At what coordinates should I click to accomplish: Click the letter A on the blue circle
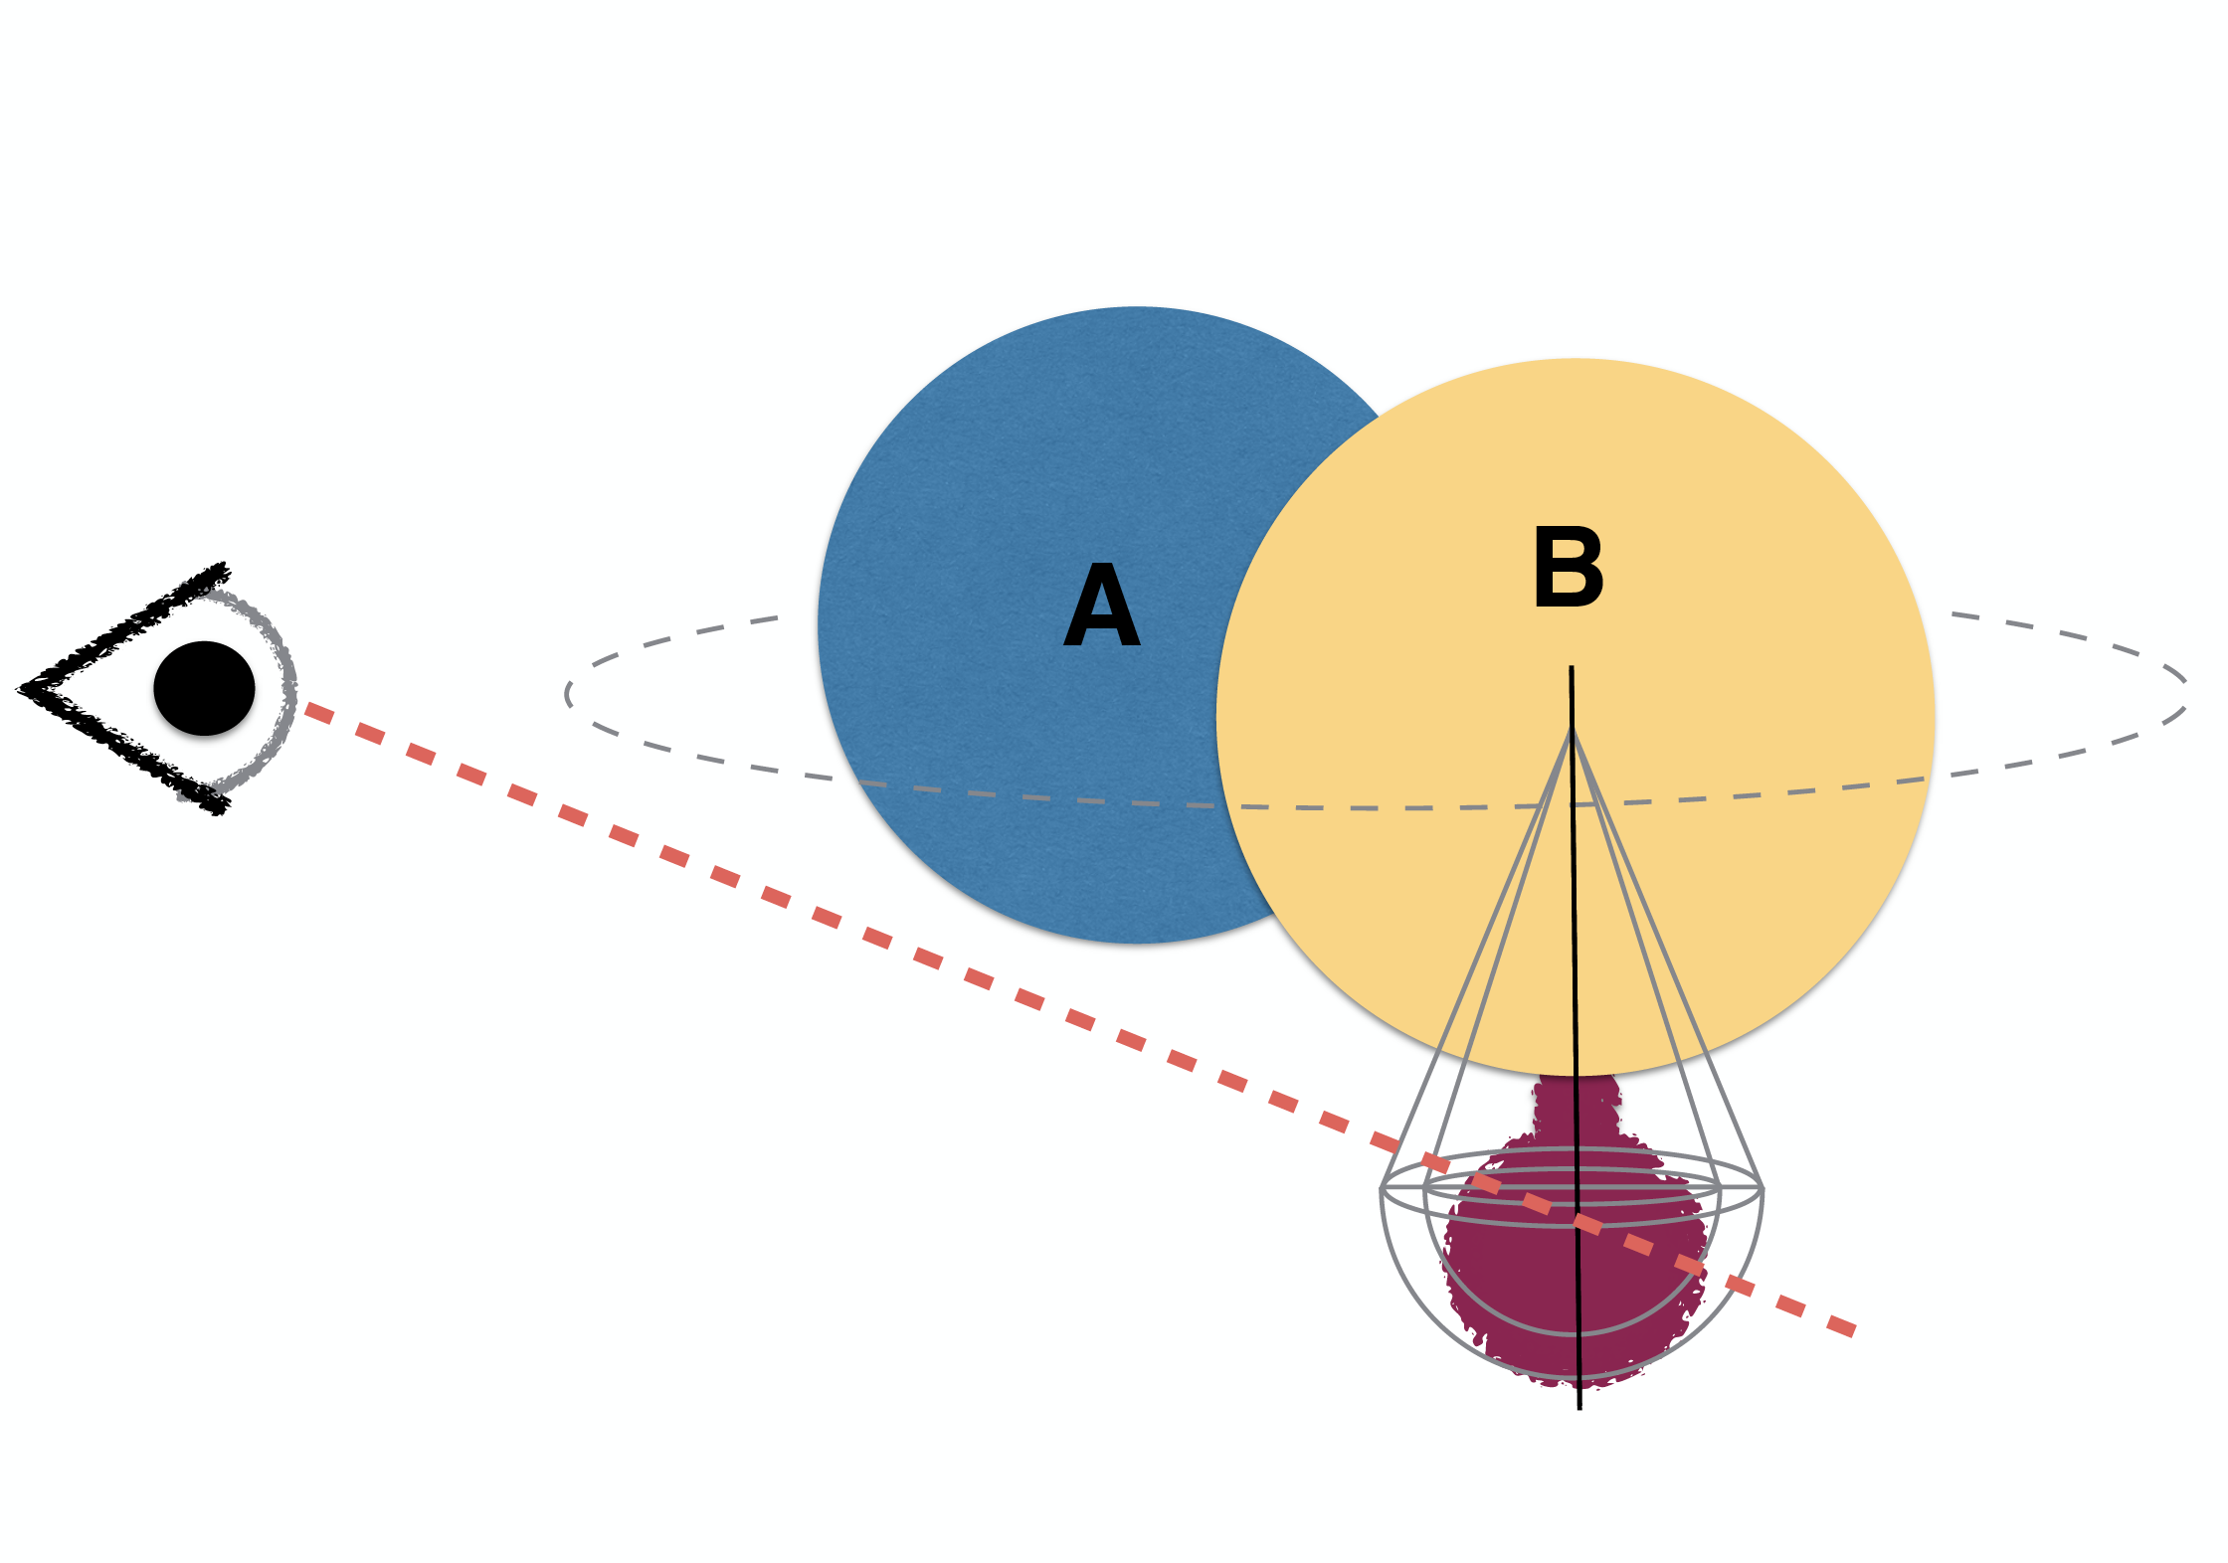tap(1101, 605)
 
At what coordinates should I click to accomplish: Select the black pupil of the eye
tap(204, 688)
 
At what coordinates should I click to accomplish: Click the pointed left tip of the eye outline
tap(20, 687)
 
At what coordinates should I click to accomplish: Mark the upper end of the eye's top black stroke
tap(225, 568)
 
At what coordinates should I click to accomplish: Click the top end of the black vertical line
tap(1572, 667)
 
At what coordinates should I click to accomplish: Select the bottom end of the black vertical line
tap(1579, 1409)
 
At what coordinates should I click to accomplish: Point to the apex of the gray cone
tap(1572, 731)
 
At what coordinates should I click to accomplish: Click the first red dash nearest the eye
tap(318, 712)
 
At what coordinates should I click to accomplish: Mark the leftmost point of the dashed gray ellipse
tap(566, 694)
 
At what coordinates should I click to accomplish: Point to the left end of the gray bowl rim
tap(1382, 1188)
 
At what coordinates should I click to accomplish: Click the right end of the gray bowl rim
tap(1763, 1188)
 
